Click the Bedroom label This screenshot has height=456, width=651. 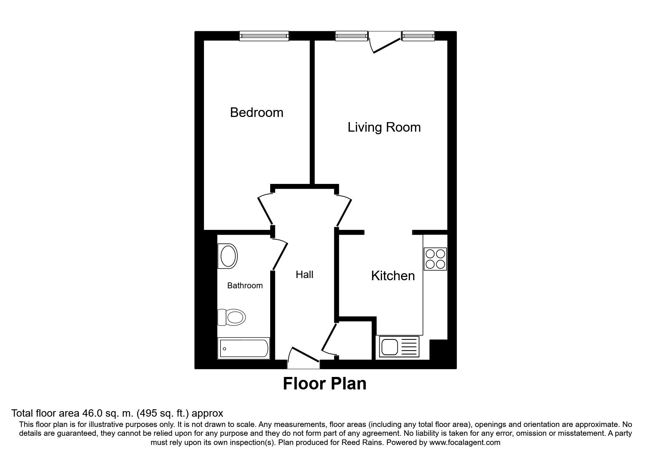click(x=257, y=113)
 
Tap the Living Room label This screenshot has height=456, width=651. click(x=384, y=128)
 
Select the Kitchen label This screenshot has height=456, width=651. click(x=393, y=276)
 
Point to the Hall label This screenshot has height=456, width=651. click(x=305, y=275)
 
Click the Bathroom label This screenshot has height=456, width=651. click(x=245, y=286)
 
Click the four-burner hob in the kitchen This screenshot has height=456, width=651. click(x=435, y=259)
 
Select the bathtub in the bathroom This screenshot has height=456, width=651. click(x=244, y=348)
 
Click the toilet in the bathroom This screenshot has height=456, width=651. click(x=231, y=317)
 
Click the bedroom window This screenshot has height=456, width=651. click(x=264, y=36)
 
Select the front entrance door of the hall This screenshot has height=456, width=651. click(x=304, y=357)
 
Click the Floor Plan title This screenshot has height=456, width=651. click(x=325, y=384)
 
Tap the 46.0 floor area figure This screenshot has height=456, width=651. click(x=121, y=413)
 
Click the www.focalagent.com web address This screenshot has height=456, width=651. click(x=465, y=442)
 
